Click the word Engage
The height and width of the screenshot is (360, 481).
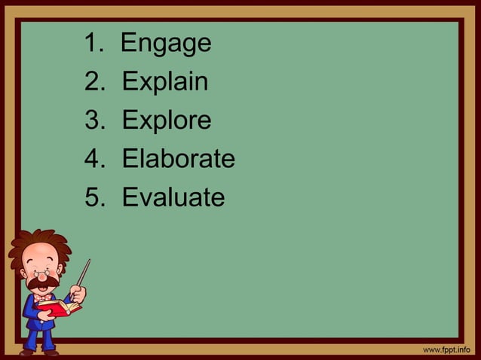166,44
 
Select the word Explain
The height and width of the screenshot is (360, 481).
164,82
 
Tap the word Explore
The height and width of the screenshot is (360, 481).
166,121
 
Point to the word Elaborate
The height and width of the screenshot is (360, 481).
178,159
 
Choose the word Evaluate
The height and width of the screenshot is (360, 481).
173,197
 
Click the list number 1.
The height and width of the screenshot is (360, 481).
93,44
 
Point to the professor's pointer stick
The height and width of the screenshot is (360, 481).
83,272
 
